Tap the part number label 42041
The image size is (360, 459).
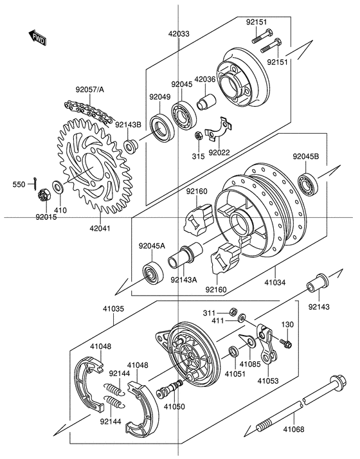(x=100, y=228)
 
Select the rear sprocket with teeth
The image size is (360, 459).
(x=93, y=165)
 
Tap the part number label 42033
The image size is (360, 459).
(x=179, y=33)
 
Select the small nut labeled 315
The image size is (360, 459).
(x=198, y=136)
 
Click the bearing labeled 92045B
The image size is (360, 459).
(x=307, y=181)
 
